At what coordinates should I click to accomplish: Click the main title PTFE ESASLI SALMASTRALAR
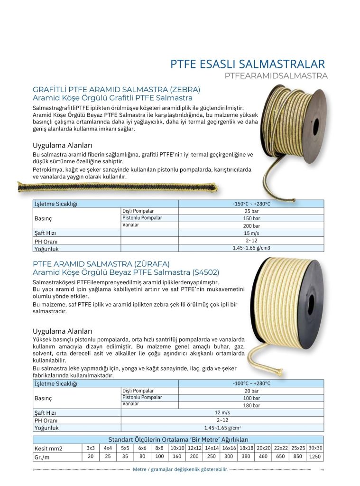pos(248,64)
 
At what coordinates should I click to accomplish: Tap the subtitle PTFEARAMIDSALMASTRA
pos(276,75)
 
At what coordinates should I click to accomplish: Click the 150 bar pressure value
pos(251,218)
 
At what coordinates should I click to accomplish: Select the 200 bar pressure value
pos(251,226)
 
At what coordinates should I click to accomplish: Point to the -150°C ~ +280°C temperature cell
pos(251,204)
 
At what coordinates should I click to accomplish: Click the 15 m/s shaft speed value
pos(251,234)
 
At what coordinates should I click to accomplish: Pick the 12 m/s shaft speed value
pos(222,412)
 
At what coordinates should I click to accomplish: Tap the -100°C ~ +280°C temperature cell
pos(251,383)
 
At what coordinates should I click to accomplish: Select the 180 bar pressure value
pos(251,405)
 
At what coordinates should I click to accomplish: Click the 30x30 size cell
pos(315,448)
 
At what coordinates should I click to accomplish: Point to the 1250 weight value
pos(315,457)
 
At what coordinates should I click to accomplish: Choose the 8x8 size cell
pos(159,448)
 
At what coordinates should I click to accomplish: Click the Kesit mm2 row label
pos(48,449)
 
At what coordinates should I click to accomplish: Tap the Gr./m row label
pos(43,457)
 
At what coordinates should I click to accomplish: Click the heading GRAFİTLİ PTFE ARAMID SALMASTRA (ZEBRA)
pos(116,89)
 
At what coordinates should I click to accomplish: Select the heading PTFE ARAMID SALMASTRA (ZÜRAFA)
pos(101,263)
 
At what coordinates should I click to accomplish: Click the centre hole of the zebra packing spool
pos(316,127)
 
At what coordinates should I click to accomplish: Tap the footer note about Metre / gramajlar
pos(180,469)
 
